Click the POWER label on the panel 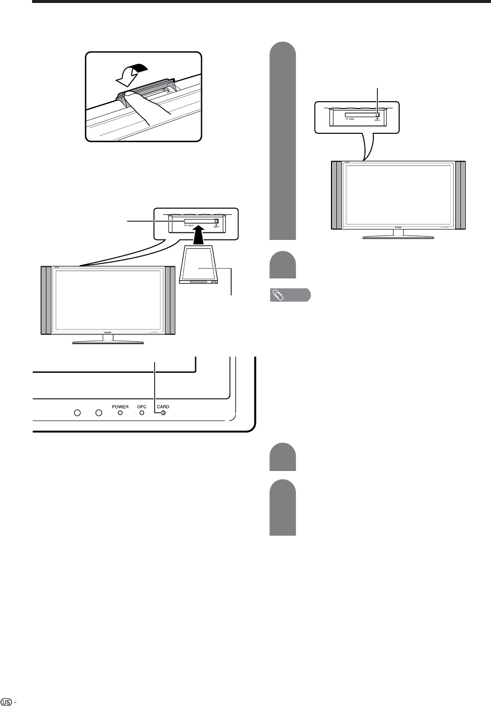[120, 407]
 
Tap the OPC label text [142, 407]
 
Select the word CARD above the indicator [163, 407]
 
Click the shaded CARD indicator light [163, 413]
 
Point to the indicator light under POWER [120, 413]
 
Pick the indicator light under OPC [142, 413]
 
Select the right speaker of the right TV [461, 195]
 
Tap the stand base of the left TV [108, 342]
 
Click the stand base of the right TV [398, 237]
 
